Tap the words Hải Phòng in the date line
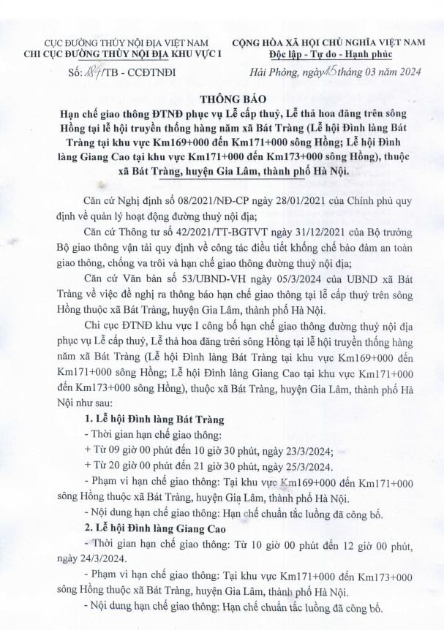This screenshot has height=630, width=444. [x=270, y=71]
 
